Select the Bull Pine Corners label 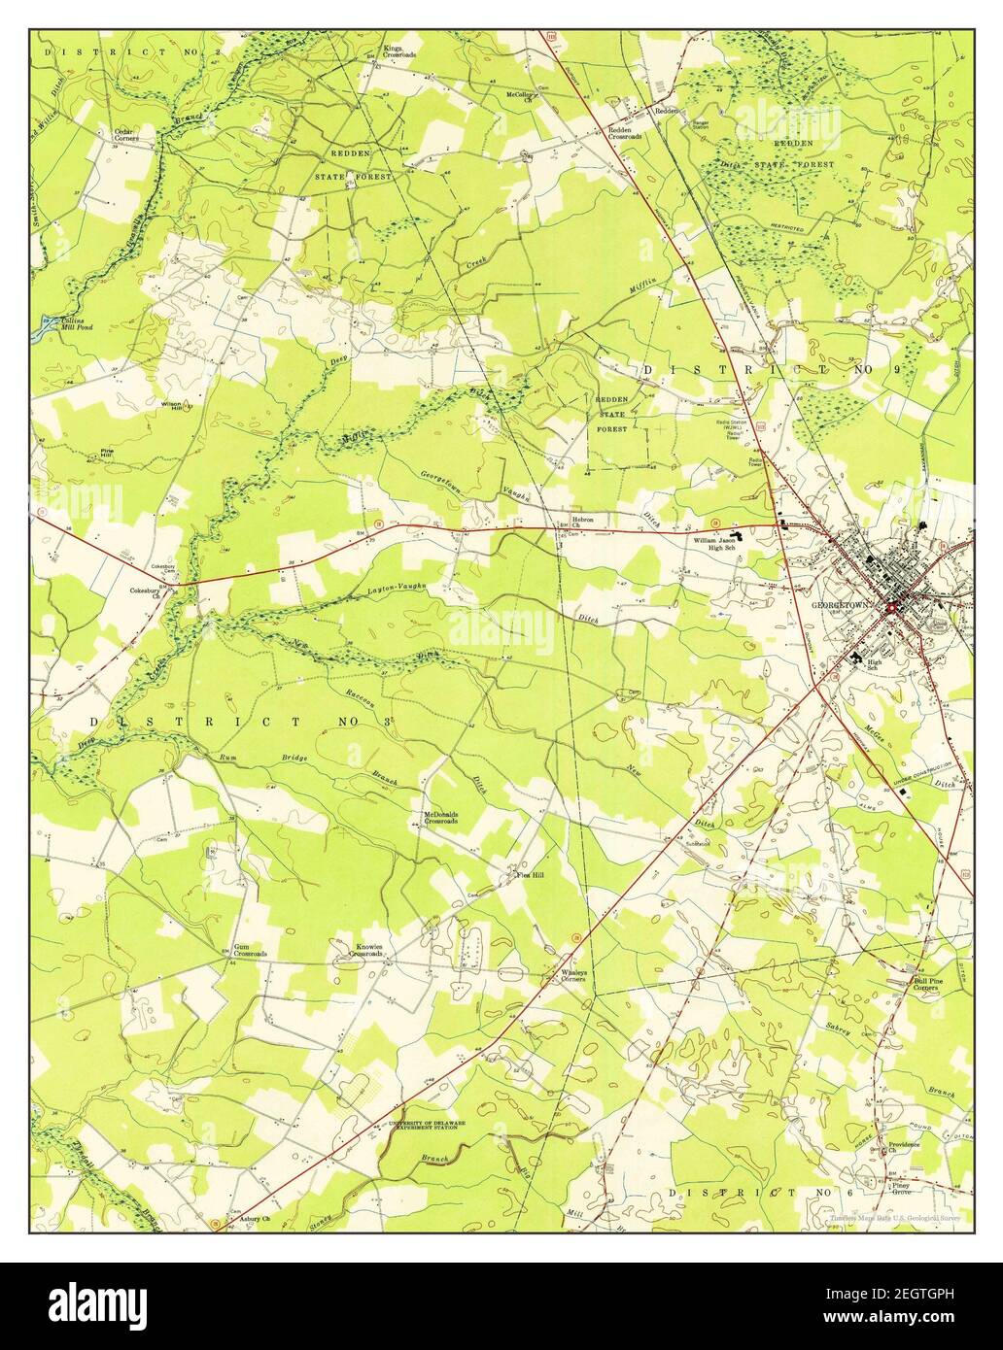[924, 984]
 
